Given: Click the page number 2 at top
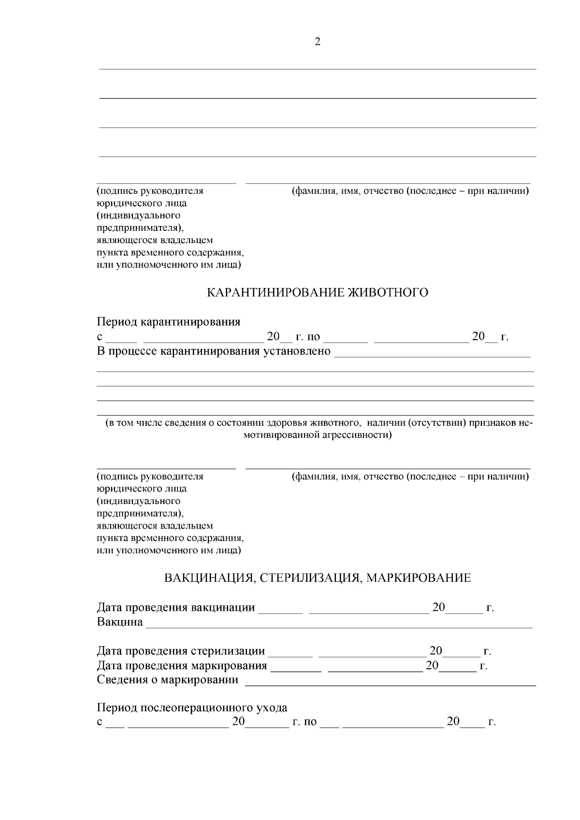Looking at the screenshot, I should [318, 42].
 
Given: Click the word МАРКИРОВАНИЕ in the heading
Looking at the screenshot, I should [419, 578].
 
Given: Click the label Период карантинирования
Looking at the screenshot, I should [169, 322].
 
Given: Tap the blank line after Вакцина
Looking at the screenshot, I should [338, 626].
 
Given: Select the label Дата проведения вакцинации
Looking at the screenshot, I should [176, 608].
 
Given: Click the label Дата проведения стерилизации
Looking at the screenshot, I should [181, 651].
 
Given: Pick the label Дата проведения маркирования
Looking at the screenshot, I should [182, 666].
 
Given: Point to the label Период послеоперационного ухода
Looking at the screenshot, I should [192, 708].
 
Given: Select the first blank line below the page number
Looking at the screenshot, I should [318, 69].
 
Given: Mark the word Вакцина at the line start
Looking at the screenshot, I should [120, 622].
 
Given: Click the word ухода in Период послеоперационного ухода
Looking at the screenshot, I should [272, 708].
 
